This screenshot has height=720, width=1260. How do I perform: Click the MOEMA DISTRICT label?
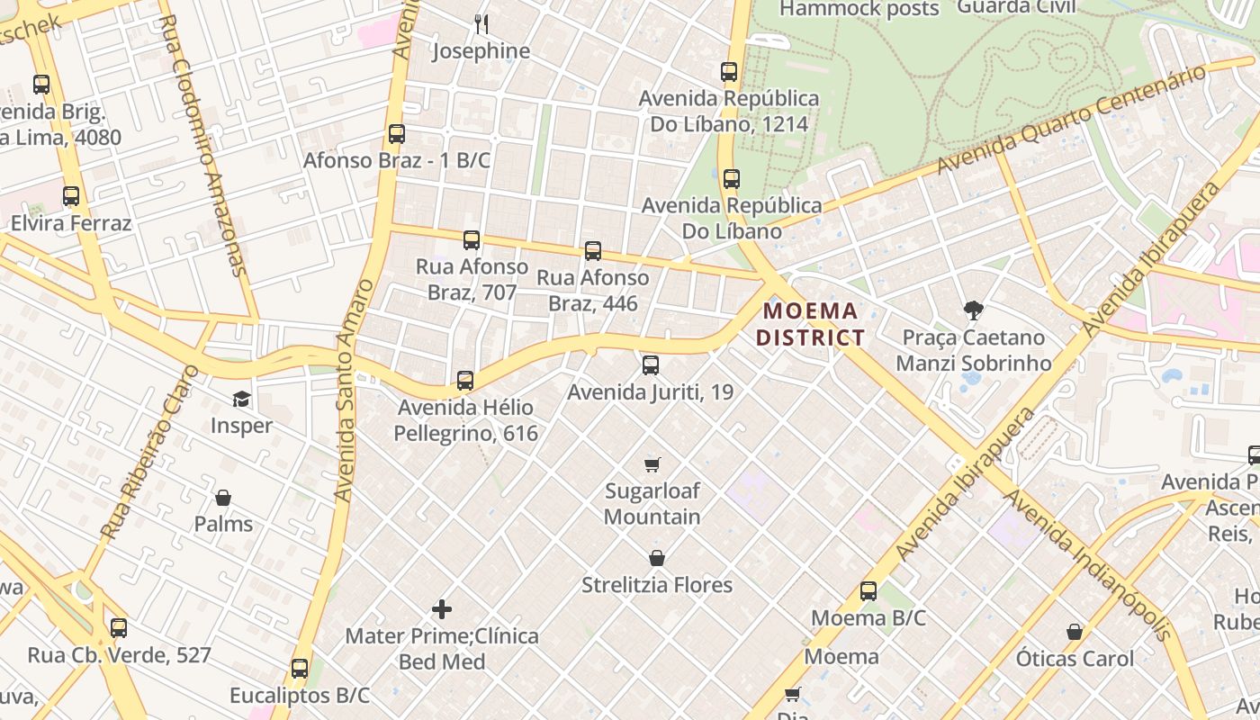pyautogui.click(x=810, y=325)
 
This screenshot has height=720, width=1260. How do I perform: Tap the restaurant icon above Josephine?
pyautogui.click(x=481, y=23)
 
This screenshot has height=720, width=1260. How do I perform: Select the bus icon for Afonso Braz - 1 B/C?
pyautogui.click(x=397, y=134)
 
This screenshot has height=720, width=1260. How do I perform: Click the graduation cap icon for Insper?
pyautogui.click(x=241, y=399)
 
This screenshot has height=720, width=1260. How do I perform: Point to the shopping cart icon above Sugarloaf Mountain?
pyautogui.click(x=652, y=464)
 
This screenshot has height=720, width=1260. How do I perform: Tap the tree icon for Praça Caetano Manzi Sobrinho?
pyautogui.click(x=973, y=310)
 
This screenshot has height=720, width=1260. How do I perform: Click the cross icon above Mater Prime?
pyautogui.click(x=442, y=609)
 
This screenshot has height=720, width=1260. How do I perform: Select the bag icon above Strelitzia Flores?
pyautogui.click(x=657, y=558)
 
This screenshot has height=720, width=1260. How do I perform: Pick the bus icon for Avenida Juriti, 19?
pyautogui.click(x=651, y=365)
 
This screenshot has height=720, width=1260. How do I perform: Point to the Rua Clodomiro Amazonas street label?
pyautogui.click(x=202, y=144)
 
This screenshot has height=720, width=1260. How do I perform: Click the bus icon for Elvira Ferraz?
pyautogui.click(x=71, y=196)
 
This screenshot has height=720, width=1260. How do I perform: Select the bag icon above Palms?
pyautogui.click(x=223, y=498)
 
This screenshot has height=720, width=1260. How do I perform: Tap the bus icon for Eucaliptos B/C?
pyautogui.click(x=300, y=669)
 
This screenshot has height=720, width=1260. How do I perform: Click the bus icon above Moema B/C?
pyautogui.click(x=868, y=591)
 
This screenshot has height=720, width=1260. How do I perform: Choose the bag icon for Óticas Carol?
pyautogui.click(x=1075, y=632)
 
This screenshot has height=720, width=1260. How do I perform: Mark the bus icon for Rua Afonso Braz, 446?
pyautogui.click(x=593, y=251)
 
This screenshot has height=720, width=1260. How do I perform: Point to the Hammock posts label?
pyautogui.click(x=859, y=9)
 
